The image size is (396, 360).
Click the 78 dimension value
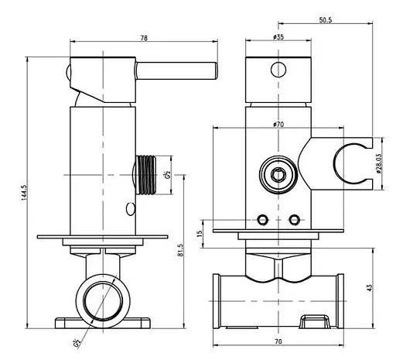[144, 38]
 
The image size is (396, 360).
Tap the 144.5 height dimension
[24, 193]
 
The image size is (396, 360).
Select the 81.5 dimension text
[180, 250]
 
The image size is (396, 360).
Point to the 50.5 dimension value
[326, 20]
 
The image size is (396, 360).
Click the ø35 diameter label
[278, 37]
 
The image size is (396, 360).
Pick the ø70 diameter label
[278, 125]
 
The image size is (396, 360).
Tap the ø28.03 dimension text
[379, 163]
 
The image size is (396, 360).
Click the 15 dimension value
[200, 234]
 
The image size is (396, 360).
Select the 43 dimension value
[370, 288]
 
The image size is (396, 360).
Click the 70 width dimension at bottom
[278, 341]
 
